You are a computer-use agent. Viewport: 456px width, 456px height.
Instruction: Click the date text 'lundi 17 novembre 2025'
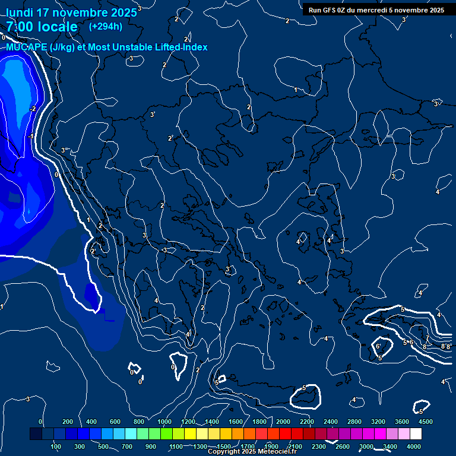[66, 12]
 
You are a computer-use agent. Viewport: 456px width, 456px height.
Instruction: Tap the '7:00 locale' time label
[42, 27]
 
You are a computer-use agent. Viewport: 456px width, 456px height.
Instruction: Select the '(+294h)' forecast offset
[106, 26]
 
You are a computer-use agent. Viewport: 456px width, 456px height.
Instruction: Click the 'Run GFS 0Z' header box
[376, 10]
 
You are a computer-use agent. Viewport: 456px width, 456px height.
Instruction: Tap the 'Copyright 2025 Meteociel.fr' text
[252, 452]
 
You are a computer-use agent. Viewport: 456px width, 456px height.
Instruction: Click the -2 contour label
[33, 109]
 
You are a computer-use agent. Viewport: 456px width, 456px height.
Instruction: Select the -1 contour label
[30, 137]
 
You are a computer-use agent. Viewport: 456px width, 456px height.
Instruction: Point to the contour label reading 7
[427, 338]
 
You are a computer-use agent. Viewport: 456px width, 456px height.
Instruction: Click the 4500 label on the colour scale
[426, 422]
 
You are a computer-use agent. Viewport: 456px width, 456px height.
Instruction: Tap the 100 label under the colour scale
[56, 446]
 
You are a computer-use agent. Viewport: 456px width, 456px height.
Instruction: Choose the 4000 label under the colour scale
[414, 446]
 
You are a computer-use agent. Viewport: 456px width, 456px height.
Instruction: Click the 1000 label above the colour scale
[164, 422]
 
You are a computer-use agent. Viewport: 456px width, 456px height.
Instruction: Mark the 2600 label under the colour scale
[343, 446]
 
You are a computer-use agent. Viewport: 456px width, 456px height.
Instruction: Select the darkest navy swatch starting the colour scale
[36, 435]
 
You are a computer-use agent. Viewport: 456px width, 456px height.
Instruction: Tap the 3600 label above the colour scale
[402, 422]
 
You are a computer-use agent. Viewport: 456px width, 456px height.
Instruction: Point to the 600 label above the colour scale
[115, 422]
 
